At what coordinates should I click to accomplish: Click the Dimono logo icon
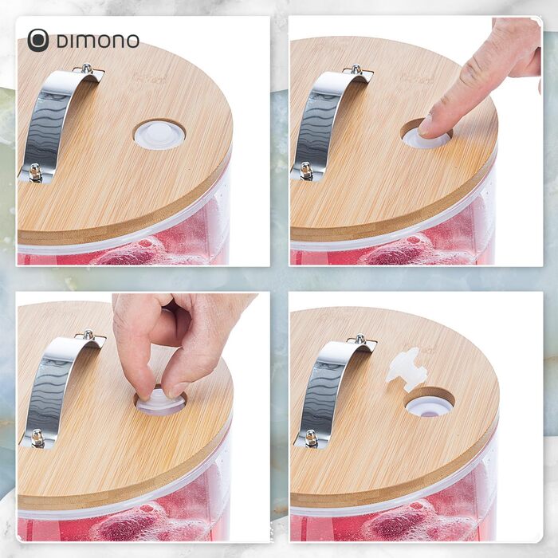(x=38, y=40)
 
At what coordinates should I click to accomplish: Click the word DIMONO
(x=97, y=41)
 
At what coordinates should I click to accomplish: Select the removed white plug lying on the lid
(x=407, y=369)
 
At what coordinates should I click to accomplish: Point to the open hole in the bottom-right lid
(x=430, y=402)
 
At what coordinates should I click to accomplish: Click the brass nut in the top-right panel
(x=306, y=171)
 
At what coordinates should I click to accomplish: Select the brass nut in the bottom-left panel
(x=37, y=438)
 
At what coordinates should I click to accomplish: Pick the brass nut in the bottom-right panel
(x=311, y=438)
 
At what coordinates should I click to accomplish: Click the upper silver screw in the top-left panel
(x=86, y=68)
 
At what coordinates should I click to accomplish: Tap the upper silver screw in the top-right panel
(x=356, y=69)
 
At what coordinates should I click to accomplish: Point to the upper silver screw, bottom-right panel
(x=360, y=339)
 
